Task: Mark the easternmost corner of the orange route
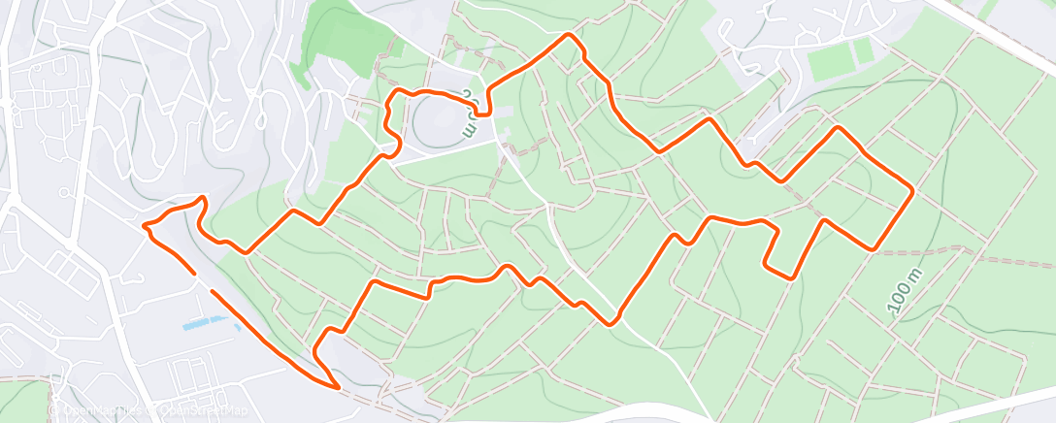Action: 913,191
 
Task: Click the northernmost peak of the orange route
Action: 568,35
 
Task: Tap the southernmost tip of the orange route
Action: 337,387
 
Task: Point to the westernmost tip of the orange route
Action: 144,226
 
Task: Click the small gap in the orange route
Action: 202,282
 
